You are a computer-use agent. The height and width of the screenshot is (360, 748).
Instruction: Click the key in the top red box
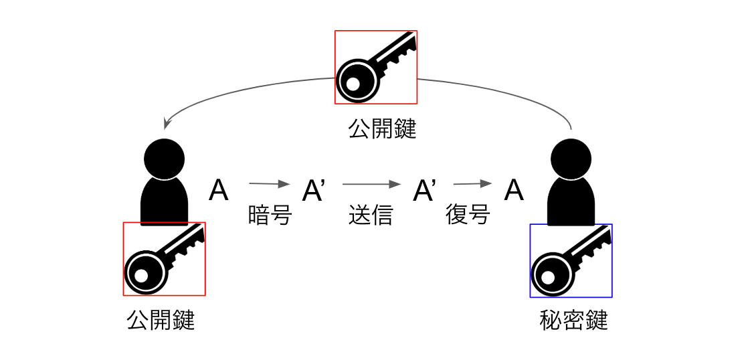pos(375,67)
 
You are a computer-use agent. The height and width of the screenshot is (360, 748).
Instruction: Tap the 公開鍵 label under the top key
pos(382,128)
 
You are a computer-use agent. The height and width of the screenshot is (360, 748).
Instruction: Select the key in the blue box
pos(571,260)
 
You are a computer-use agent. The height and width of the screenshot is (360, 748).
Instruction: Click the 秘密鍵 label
pos(573,321)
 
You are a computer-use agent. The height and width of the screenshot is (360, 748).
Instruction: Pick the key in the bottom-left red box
pos(164,258)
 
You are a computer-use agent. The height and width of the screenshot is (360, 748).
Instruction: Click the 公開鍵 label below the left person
pos(161,321)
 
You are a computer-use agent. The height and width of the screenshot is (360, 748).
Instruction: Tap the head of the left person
pos(164,158)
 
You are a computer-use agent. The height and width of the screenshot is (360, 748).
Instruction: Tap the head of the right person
pos(571,159)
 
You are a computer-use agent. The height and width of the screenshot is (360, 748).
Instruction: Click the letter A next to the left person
pos(219,191)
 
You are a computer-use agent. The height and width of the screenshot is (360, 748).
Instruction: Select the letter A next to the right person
pos(513,191)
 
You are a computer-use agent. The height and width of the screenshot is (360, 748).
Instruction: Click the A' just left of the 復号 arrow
pos(425,191)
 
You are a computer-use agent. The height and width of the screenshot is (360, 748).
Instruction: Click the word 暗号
pos(270,215)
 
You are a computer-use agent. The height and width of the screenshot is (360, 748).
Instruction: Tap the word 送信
pos(370,215)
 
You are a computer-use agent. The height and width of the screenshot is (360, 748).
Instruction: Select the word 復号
pos(468,215)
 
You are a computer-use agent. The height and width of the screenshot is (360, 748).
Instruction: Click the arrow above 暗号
pos(270,183)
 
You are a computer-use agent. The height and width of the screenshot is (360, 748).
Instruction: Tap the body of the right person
pos(571,201)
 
